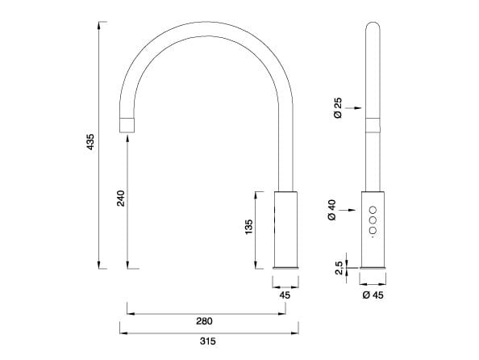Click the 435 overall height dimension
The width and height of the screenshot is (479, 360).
pyautogui.click(x=90, y=144)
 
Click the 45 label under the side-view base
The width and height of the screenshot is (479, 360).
pyautogui.click(x=284, y=295)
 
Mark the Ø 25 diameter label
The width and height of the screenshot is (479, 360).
pyautogui.click(x=337, y=107)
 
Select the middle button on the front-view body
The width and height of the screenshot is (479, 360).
pyautogui.click(x=373, y=220)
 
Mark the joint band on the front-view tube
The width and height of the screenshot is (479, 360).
pyautogui.click(x=373, y=125)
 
